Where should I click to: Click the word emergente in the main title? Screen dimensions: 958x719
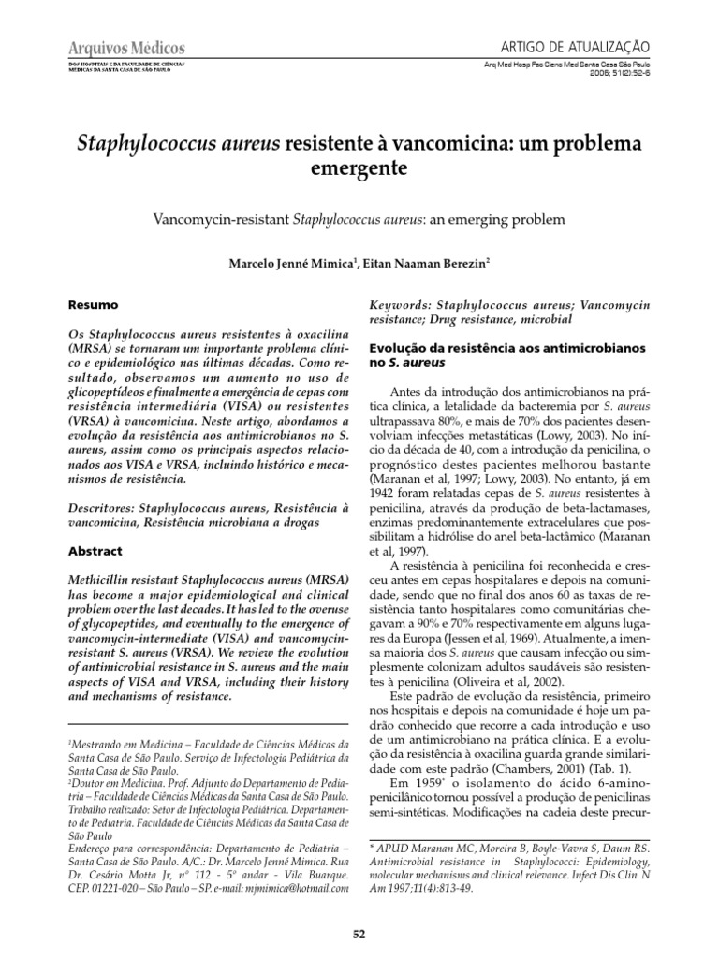[x=359, y=173]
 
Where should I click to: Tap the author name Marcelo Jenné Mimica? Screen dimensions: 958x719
[x=283, y=265]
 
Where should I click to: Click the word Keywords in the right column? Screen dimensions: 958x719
[x=399, y=305]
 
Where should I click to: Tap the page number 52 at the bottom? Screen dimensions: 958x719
[x=359, y=934]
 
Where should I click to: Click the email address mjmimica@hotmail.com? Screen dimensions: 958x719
[x=286, y=880]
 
